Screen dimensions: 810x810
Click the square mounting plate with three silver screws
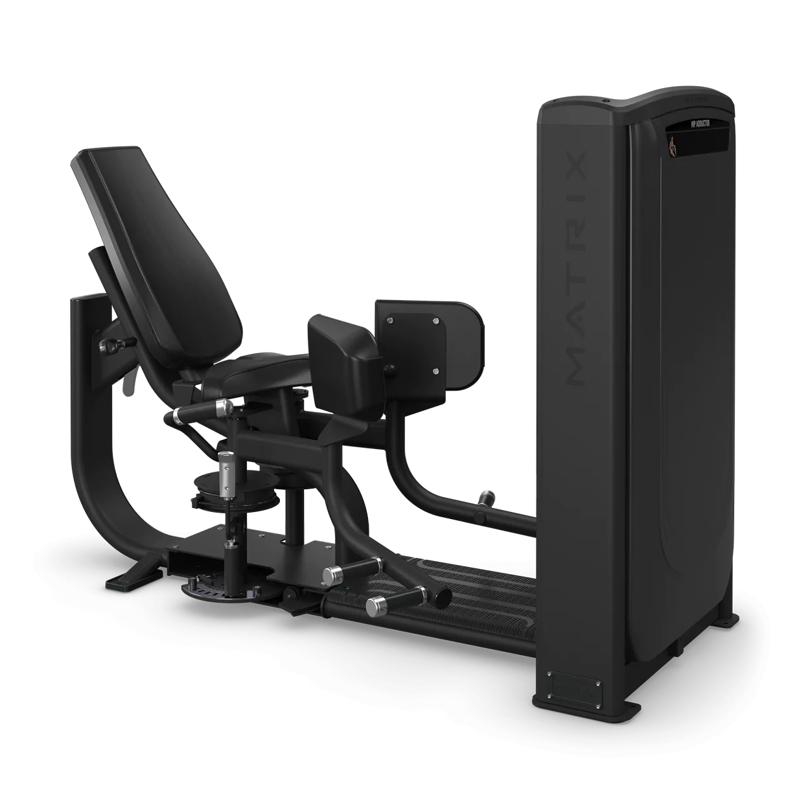point(415,347)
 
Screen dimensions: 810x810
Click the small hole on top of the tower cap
point(607,100)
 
